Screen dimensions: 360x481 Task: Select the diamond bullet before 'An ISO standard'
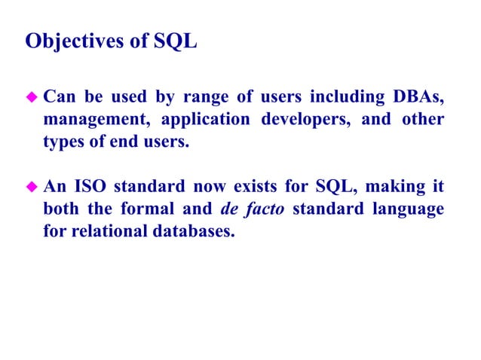pos(32,185)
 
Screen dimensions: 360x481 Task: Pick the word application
pos(207,120)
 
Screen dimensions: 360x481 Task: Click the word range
pos(201,99)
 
